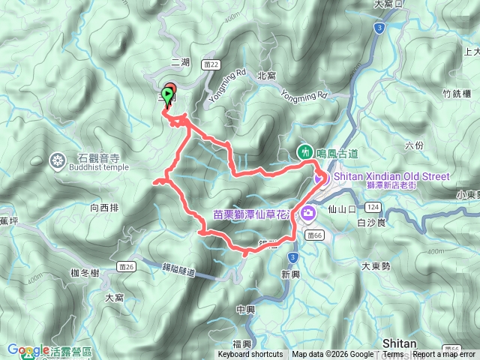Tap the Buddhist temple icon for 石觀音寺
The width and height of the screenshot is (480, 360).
(x=58, y=159)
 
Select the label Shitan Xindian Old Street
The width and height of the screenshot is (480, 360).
(x=391, y=176)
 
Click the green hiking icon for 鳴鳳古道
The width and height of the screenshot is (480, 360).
(x=306, y=151)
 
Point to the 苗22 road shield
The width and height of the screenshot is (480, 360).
(x=214, y=66)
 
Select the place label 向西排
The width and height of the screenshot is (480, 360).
(x=103, y=205)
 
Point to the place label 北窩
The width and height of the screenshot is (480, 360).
(x=266, y=76)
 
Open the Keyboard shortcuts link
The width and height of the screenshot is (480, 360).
(x=250, y=355)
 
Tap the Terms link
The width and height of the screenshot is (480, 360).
(x=393, y=355)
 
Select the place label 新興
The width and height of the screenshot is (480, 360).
(x=291, y=274)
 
